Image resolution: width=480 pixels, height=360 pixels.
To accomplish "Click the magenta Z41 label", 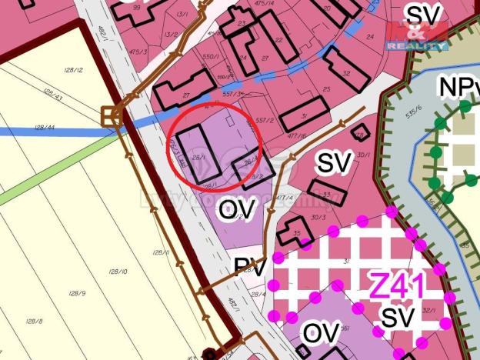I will click(x=397, y=286).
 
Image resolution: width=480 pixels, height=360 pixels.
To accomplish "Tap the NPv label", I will click(x=458, y=87).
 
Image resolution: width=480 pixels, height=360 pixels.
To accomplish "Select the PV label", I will click(x=250, y=268).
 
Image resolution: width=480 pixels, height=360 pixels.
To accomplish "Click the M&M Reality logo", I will click(x=416, y=36).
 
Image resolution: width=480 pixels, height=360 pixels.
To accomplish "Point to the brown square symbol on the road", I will click(x=111, y=116).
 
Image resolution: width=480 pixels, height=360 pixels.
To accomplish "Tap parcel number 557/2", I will click(x=265, y=120).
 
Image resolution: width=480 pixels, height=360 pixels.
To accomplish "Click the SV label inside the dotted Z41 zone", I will click(x=398, y=317).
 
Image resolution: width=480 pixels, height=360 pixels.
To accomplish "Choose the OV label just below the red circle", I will click(x=236, y=208).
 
